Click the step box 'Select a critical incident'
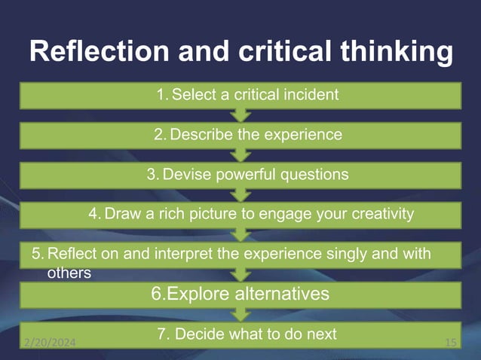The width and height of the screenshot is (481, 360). (240, 95)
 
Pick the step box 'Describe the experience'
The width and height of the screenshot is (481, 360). (240, 136)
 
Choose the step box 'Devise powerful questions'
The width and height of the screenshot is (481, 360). (240, 175)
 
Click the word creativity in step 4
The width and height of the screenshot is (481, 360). (380, 214)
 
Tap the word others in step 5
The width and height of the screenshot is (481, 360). (69, 273)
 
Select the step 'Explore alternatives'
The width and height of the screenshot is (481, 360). (240, 293)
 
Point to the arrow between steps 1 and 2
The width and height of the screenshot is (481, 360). (240, 115)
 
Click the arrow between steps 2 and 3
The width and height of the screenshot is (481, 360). (240, 155)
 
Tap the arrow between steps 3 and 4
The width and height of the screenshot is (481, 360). (240, 194)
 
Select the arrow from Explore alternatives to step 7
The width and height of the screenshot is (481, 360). (240, 313)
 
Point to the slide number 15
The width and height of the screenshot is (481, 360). (451, 343)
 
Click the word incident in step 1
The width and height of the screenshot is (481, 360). (311, 95)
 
